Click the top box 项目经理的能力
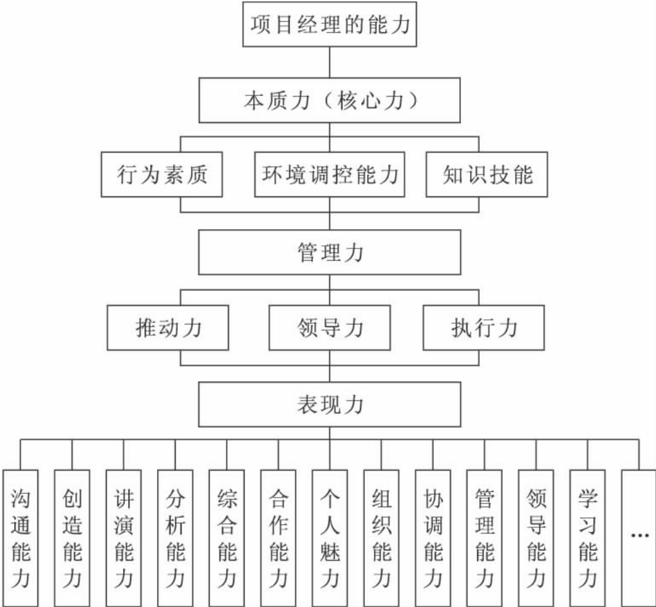click(x=330, y=25)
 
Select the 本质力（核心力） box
click(x=330, y=102)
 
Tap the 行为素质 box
click(x=163, y=174)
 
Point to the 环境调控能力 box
click(x=330, y=174)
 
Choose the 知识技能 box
click(x=487, y=174)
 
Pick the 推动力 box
click(x=169, y=328)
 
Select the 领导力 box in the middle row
click(x=330, y=328)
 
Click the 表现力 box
click(x=330, y=405)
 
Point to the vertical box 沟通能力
click(x=21, y=537)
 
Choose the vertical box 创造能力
click(x=72, y=537)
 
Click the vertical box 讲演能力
click(x=124, y=537)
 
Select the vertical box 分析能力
click(x=175, y=537)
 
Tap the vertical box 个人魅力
click(x=330, y=537)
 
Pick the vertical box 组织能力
click(x=381, y=537)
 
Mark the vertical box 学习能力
click(x=587, y=537)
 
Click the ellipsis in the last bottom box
click(x=639, y=535)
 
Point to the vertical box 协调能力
click(x=433, y=537)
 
